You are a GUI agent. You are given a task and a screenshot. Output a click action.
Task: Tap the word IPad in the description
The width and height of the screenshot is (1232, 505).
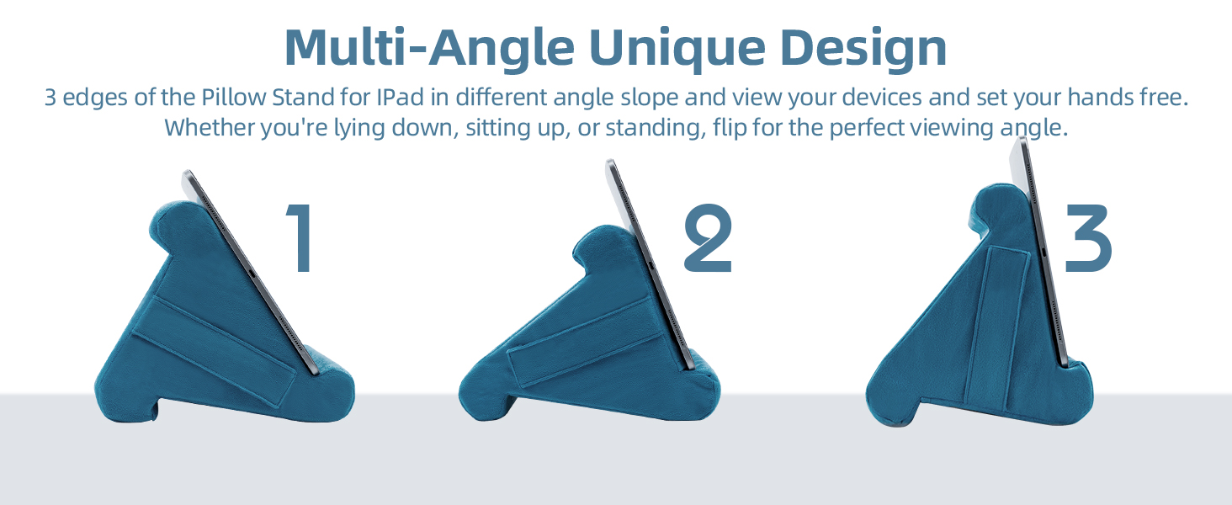[x=400, y=97]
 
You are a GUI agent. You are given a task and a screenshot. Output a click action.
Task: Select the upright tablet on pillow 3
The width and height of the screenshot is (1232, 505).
[x=1040, y=252]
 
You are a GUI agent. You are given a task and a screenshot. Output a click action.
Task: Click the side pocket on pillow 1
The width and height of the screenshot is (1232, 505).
[x=215, y=345]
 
